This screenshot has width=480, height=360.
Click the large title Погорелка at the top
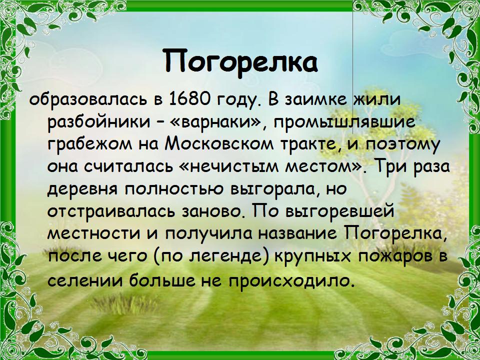tap(240, 61)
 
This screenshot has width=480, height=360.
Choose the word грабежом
tap(91, 144)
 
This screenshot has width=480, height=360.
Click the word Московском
tap(217, 144)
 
